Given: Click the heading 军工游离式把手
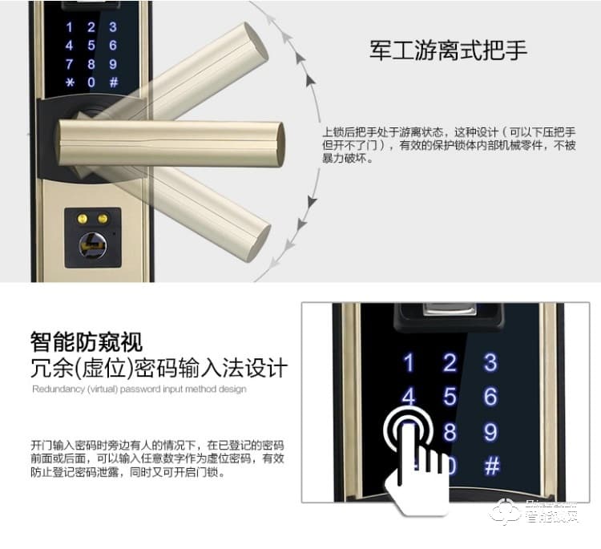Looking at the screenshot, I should tap(448, 50).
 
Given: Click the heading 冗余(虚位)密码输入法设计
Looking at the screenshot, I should tap(159, 369).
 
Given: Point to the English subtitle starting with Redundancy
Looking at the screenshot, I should tap(139, 390).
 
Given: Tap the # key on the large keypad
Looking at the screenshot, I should tap(492, 466).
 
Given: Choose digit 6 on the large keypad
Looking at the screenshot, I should tap(490, 397).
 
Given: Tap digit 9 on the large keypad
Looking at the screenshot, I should tap(490, 433).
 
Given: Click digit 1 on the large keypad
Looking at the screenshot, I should tap(409, 363).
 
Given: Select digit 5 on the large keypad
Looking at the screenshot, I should tap(450, 397).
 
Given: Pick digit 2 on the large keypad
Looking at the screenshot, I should tap(450, 363).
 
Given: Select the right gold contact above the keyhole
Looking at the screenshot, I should tap(103, 217).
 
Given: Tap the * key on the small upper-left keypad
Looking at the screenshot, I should tap(69, 83).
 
